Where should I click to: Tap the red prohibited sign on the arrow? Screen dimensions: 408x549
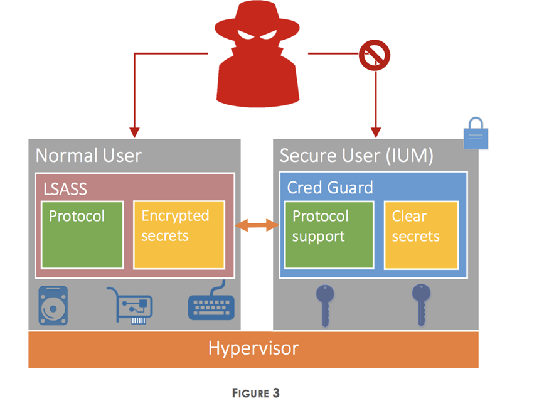tap(375, 55)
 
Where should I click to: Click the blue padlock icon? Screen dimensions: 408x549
tap(476, 134)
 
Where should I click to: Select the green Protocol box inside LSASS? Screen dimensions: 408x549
tap(82, 235)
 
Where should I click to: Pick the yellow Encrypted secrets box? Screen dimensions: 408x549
tap(179, 235)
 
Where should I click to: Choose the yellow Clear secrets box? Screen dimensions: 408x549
tap(421, 235)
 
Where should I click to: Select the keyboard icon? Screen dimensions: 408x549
tap(211, 303)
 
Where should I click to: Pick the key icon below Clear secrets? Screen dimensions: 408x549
tap(421, 304)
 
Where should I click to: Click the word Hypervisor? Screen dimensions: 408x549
tap(253, 348)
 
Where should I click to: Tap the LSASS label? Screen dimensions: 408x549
tap(66, 187)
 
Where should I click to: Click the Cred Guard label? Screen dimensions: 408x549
tap(330, 187)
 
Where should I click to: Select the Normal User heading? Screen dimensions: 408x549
tap(88, 155)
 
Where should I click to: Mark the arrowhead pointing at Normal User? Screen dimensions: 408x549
tap(134, 132)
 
